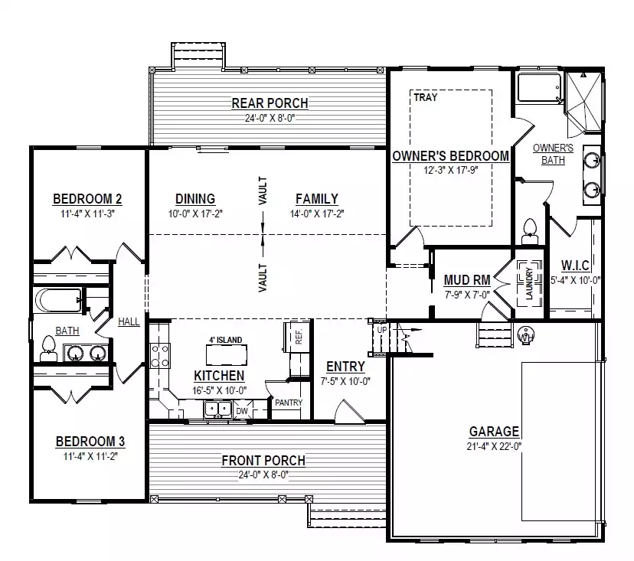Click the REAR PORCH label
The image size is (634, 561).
point(270,103)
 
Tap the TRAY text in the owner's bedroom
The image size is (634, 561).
point(426,97)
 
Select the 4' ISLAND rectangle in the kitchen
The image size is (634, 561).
point(227,355)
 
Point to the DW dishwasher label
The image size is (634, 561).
point(242,412)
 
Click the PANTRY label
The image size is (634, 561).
point(289,403)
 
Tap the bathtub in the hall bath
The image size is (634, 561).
point(57,300)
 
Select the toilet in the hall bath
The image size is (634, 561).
point(48,349)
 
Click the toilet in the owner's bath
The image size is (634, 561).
point(530,232)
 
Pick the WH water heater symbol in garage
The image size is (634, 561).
point(525,335)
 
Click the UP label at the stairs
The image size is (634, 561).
point(381,330)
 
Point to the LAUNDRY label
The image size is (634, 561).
point(529,283)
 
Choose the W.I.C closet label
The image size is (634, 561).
point(575,266)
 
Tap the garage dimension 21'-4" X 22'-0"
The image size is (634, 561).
point(494,446)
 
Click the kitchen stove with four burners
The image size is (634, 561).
point(160,356)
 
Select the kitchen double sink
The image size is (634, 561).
point(217,409)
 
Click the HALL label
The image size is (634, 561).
point(129,321)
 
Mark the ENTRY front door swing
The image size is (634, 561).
point(350,411)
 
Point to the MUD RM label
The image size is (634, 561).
point(467,280)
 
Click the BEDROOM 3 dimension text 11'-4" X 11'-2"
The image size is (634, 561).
point(90,456)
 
